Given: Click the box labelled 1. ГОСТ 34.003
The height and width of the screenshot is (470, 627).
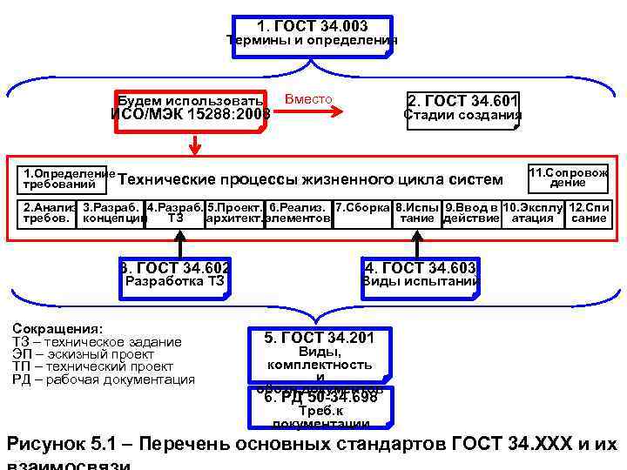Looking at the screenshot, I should coord(312,35).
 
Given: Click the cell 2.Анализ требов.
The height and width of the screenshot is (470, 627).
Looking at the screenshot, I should coord(49,213).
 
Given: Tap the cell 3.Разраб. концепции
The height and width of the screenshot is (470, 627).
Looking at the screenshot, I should coord(112,213).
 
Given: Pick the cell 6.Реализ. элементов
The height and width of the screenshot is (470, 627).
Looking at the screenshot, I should coord(298,213).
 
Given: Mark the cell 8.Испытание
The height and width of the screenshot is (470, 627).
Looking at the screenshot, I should coord(416,213).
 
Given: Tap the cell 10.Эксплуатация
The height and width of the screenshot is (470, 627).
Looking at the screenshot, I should coord(532,213).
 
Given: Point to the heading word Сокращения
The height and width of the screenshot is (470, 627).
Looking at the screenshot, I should coord(58,329).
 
